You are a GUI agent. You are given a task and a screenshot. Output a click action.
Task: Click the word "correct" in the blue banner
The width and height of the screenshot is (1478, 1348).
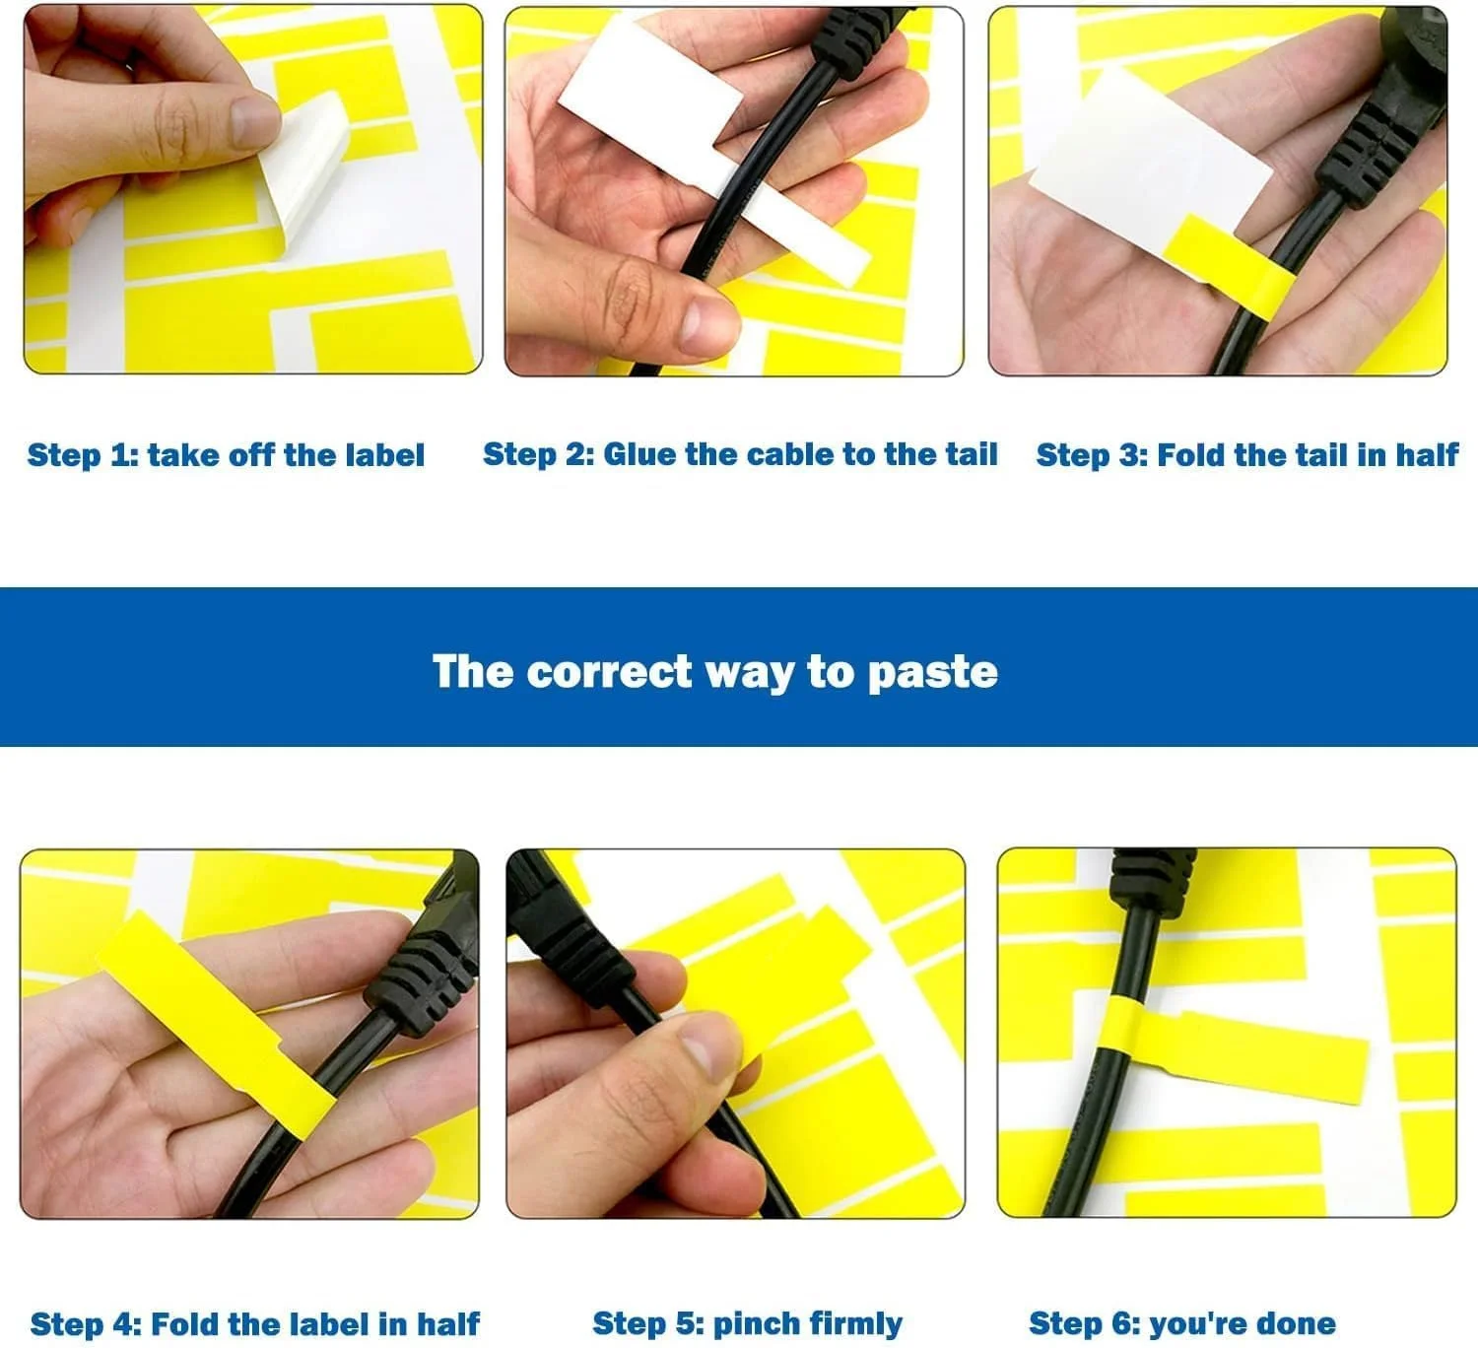coord(609,671)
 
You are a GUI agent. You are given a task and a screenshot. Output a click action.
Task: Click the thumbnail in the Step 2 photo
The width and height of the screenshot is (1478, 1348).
coord(707,326)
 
